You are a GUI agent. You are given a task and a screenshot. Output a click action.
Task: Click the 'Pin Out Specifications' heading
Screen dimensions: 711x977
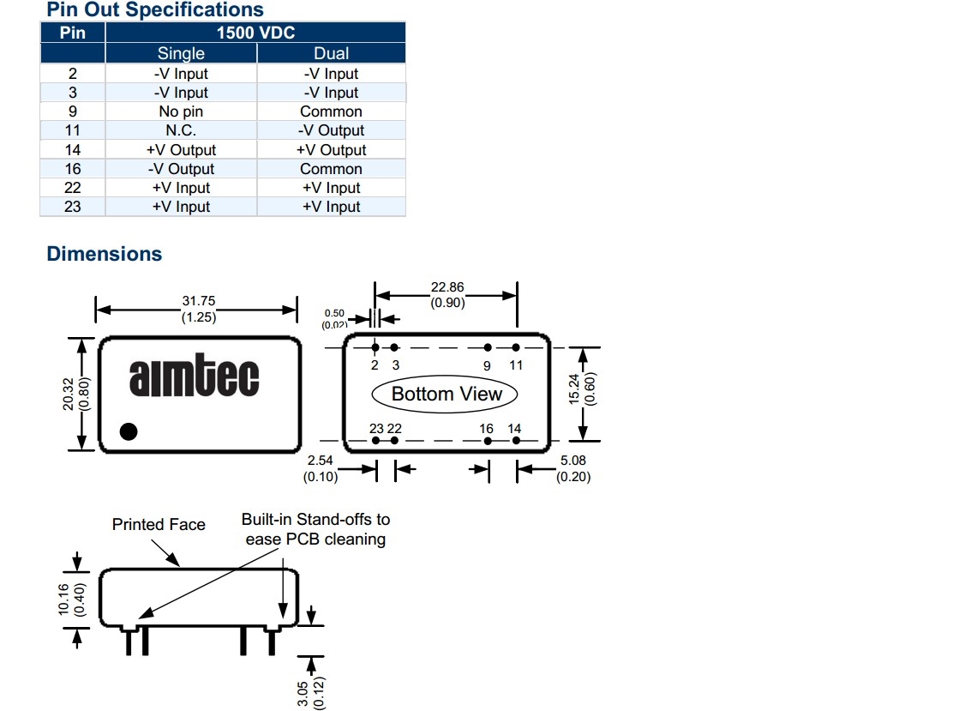(x=155, y=10)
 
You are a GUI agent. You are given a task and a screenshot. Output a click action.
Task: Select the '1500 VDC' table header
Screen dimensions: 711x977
(x=255, y=33)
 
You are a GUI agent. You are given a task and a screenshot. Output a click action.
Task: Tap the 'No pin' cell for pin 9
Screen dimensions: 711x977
(x=181, y=111)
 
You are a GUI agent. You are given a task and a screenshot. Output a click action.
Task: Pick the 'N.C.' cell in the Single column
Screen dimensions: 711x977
(x=181, y=130)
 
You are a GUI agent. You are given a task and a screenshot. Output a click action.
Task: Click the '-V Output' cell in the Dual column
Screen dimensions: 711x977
(x=331, y=130)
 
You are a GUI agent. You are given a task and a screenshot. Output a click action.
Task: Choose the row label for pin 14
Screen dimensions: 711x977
(x=73, y=149)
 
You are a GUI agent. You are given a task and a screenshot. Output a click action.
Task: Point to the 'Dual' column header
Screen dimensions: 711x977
(x=331, y=53)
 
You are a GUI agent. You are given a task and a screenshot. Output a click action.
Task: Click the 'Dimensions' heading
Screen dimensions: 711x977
(x=105, y=254)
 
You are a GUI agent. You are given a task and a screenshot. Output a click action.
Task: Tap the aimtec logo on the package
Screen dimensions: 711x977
(x=194, y=377)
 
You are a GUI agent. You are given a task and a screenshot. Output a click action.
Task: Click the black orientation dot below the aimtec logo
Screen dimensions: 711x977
(x=128, y=431)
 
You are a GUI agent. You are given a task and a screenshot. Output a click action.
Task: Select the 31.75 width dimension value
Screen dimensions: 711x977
(x=198, y=301)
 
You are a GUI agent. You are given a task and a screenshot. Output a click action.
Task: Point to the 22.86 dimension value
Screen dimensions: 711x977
(x=447, y=287)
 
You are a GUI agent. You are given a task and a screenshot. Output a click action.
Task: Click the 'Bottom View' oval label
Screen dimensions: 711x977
(x=447, y=395)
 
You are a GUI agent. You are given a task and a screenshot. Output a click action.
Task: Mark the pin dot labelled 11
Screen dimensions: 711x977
(x=516, y=347)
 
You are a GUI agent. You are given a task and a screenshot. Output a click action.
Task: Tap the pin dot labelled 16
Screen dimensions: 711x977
(x=487, y=441)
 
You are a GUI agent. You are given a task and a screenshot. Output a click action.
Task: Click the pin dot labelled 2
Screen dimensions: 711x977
(x=375, y=347)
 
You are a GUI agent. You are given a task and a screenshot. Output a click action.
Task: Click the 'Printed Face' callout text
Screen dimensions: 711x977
(x=159, y=524)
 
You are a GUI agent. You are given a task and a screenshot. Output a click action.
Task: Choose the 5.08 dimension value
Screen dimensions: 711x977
(x=573, y=461)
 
